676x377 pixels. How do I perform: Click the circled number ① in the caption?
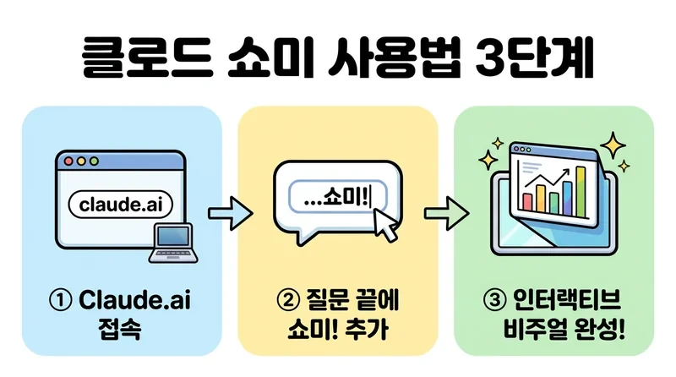(x=64, y=300)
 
